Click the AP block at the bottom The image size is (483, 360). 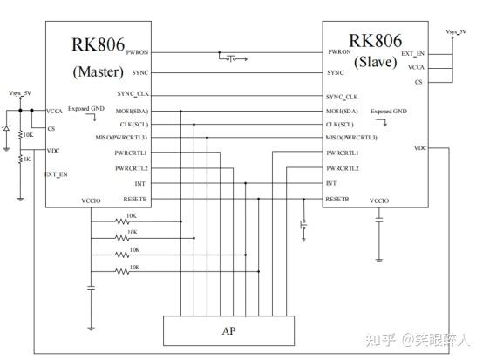click(x=229, y=331)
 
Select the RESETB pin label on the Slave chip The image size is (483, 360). click(x=337, y=199)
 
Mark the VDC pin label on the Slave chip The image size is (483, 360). click(x=420, y=148)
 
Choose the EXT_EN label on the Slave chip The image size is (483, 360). click(x=413, y=53)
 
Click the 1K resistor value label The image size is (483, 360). click(x=28, y=158)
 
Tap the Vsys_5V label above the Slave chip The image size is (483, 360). click(x=456, y=32)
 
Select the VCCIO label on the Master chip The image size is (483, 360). click(x=92, y=200)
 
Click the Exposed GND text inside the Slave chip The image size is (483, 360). click(x=388, y=112)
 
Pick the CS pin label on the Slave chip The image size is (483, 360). click(x=419, y=82)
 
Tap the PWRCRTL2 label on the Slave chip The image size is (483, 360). click(x=343, y=168)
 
